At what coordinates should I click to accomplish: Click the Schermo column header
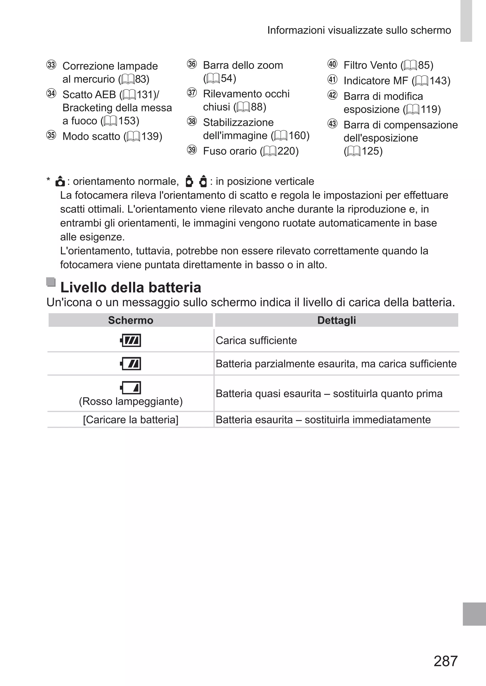[x=131, y=320]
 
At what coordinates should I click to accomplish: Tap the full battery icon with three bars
[x=131, y=340]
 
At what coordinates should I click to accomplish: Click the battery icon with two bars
[x=131, y=364]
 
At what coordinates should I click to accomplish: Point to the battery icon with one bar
[x=131, y=388]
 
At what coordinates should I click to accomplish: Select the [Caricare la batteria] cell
[x=131, y=420]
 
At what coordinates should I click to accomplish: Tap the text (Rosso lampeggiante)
[x=131, y=401]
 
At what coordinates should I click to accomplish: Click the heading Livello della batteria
[x=131, y=288]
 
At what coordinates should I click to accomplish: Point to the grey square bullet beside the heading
[x=51, y=282]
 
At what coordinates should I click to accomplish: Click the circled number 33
[x=51, y=65]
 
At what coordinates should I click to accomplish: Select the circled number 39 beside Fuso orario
[x=192, y=150]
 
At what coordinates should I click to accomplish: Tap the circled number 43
[x=332, y=124]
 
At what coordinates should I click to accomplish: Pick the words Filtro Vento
[x=370, y=65]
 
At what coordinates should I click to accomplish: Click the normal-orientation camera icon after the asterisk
[x=60, y=182]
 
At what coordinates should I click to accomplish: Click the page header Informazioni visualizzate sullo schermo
[x=359, y=30]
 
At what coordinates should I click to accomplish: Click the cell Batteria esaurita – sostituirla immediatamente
[x=323, y=420]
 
